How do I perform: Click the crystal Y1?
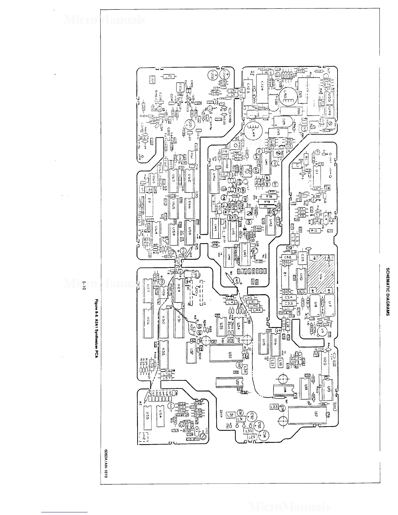(x=196, y=429)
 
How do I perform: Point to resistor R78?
(x=268, y=196)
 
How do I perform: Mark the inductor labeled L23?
(x=274, y=407)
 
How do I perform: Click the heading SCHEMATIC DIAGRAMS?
(x=387, y=292)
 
